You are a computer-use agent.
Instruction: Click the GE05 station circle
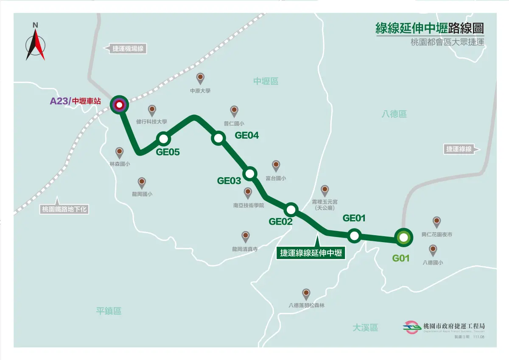[163, 139]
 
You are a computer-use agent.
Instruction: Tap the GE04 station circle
[218, 138]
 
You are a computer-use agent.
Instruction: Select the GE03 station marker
[250, 173]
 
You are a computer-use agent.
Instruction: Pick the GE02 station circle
[291, 209]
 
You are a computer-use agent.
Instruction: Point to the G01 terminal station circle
[403, 238]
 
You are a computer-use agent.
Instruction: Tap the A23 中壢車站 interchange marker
[119, 105]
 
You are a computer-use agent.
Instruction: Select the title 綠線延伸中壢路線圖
[429, 28]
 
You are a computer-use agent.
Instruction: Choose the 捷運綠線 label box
[459, 149]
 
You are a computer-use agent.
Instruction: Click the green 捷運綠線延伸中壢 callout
[311, 253]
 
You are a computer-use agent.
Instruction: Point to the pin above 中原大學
[200, 78]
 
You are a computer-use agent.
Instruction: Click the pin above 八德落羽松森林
[306, 293]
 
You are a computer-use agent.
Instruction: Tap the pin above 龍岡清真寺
[245, 237]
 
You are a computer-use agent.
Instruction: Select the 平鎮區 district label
[109, 311]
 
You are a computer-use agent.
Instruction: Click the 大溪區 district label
[365, 327]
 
